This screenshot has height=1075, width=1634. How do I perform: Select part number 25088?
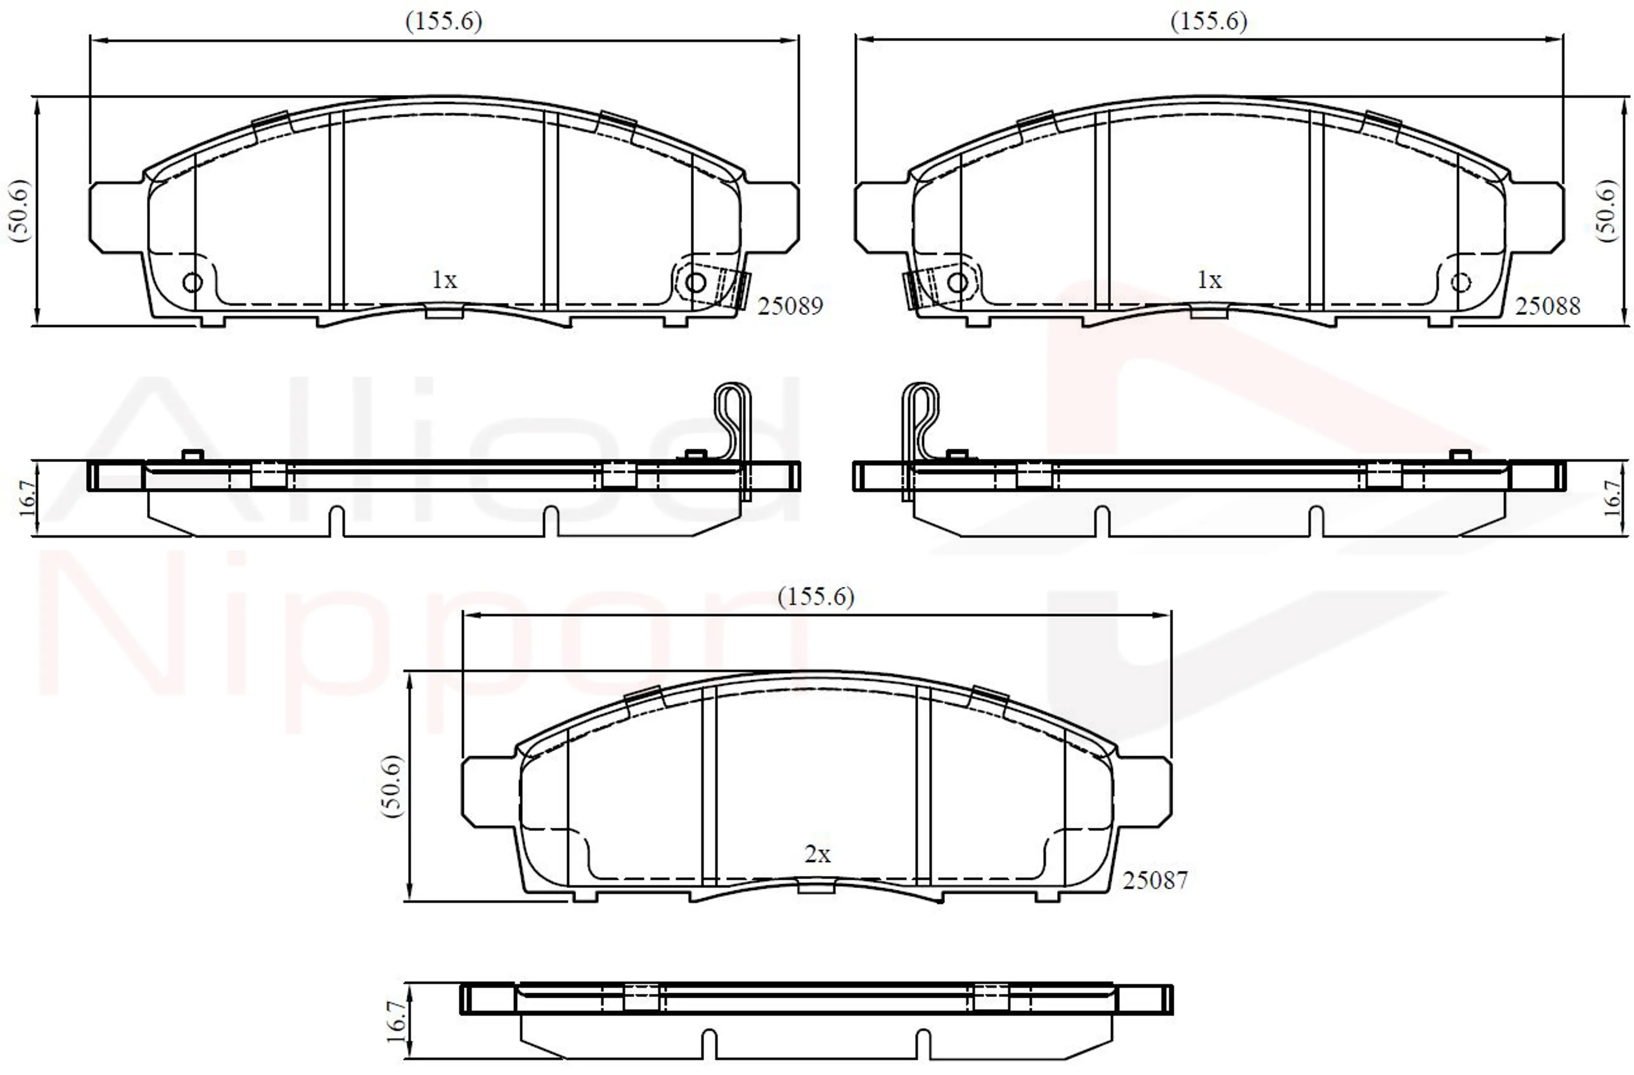click(x=1548, y=306)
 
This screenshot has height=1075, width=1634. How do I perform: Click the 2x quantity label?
click(x=817, y=855)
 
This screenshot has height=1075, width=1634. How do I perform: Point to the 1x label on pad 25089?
click(x=444, y=280)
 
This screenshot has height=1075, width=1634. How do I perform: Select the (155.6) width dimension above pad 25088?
click(x=1209, y=21)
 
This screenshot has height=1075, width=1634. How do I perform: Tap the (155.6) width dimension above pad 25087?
click(x=816, y=597)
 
